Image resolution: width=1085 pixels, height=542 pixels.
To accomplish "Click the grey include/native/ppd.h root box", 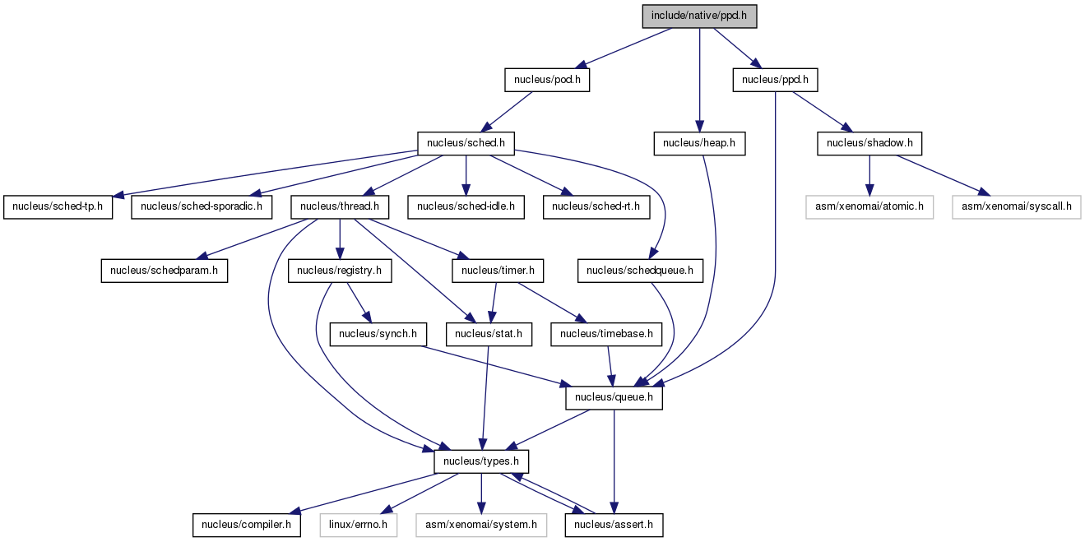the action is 699,16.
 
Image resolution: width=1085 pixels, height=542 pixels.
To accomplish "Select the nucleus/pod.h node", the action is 547,80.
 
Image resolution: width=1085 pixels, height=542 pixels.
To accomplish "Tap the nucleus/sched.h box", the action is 466,143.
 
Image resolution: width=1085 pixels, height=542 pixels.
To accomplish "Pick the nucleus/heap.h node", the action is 699,143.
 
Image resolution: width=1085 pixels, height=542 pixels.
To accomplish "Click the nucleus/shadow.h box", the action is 869,143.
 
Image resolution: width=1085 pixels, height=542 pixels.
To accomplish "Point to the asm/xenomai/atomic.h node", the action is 869,206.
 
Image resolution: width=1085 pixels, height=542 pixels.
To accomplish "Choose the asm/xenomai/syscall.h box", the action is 1016,206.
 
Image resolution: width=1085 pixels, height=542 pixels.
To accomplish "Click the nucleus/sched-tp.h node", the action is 58,206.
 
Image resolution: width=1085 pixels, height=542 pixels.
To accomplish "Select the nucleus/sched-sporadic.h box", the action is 202,206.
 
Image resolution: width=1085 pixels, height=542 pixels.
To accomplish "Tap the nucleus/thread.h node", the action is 340,206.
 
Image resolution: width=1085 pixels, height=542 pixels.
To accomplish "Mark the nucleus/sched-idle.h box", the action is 466,206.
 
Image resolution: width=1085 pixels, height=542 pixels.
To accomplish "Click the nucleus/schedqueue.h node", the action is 640,271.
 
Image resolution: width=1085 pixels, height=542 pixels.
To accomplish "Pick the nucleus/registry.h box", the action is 340,271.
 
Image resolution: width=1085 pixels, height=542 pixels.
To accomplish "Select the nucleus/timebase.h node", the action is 606,334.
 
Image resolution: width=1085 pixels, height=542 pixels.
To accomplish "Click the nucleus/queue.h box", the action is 614,398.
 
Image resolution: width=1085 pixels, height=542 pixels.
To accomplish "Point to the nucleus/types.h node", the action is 481,461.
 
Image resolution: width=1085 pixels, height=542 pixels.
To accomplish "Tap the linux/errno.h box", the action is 358,525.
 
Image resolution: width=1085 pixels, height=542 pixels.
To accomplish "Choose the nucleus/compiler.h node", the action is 247,525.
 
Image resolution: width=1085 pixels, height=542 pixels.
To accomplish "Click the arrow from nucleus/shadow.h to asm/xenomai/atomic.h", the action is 869,175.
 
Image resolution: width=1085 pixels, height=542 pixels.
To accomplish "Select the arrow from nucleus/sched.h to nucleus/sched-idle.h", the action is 466,175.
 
